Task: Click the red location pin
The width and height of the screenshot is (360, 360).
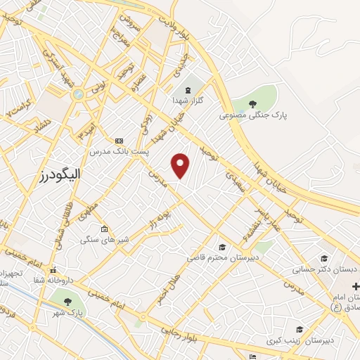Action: click(x=181, y=165)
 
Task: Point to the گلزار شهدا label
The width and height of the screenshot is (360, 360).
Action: click(x=188, y=101)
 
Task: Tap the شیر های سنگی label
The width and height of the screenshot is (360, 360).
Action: click(x=104, y=240)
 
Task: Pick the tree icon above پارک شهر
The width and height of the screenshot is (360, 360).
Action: click(x=68, y=301)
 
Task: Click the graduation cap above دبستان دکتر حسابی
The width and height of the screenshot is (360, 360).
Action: click(x=324, y=258)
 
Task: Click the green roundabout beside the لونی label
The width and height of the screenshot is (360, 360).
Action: click(x=78, y=94)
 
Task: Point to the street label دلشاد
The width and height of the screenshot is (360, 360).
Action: click(x=39, y=127)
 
